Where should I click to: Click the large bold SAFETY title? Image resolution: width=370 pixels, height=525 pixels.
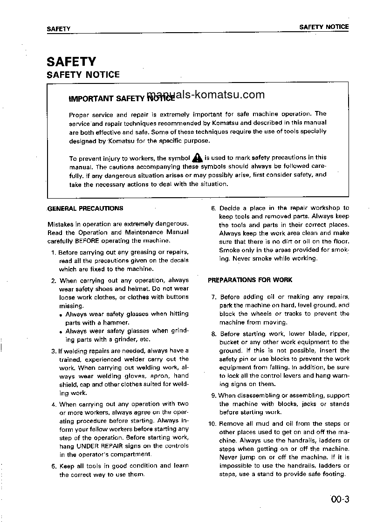pos(71,62)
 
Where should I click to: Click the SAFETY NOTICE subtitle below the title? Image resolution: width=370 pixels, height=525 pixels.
pos(83,75)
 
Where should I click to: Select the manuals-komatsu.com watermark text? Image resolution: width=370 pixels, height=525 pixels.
pos(206,95)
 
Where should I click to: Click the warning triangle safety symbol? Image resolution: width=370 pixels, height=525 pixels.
pos(197,158)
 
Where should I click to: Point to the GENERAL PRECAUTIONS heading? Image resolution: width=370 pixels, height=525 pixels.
pos(85,208)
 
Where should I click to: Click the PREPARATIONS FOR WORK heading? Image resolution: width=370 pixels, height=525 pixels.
pos(250,280)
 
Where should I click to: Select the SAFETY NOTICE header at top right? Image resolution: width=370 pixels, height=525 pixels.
pos(324,27)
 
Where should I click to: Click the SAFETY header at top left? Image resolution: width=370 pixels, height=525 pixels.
pos(58,28)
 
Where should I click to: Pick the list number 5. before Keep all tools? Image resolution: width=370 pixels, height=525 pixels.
pos(54,466)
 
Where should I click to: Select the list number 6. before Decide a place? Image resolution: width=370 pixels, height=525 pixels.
pos(213,208)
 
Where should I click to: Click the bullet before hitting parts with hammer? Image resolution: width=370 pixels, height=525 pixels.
pos(61,315)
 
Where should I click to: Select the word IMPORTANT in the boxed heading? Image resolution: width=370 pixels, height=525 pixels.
pos(91,99)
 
